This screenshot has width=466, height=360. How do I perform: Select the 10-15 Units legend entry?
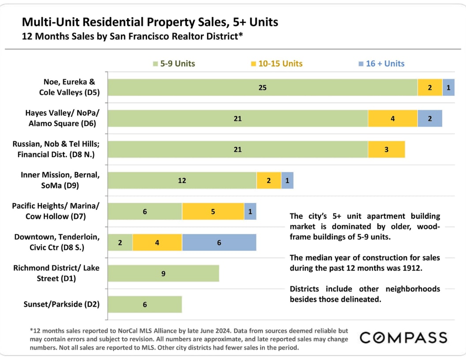point(277,64)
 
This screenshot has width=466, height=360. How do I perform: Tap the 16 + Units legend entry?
point(381,64)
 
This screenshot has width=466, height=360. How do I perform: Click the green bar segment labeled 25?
point(263,87)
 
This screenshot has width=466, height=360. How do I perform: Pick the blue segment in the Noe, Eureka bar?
point(448,87)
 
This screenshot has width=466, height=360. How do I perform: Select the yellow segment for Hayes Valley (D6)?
point(392,118)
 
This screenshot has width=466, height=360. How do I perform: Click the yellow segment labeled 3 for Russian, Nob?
point(386,150)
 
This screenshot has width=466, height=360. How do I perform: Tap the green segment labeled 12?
point(182,180)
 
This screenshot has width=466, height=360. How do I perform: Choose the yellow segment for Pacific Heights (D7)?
point(213,211)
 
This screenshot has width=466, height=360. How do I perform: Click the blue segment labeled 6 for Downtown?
point(219,243)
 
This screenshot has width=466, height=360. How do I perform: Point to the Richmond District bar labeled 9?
point(163,274)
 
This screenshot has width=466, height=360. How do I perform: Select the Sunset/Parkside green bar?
point(145,304)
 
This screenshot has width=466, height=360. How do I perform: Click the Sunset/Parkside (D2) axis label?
point(61,304)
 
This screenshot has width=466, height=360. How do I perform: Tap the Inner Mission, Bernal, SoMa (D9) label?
point(60,180)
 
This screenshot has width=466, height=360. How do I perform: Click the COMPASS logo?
point(403,338)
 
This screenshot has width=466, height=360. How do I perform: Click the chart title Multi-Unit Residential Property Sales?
point(150,22)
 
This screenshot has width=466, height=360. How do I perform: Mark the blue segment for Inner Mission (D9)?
point(287,180)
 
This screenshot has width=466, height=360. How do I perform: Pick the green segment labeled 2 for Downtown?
point(120,243)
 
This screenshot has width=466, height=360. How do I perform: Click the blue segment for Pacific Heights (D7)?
point(250,211)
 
